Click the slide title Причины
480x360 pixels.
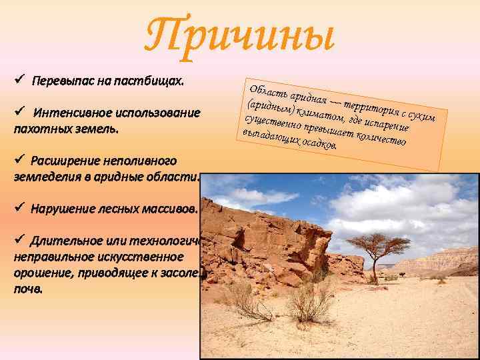point(239,35)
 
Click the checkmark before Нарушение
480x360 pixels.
point(19,208)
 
